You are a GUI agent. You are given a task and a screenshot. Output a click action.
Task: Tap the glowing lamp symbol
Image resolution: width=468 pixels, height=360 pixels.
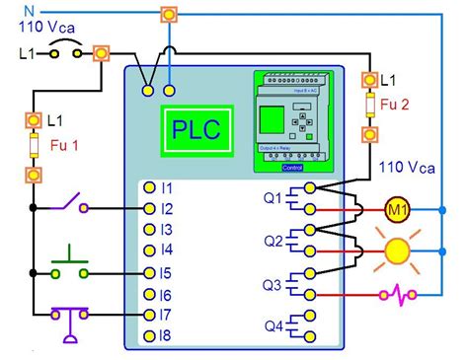click(x=397, y=251)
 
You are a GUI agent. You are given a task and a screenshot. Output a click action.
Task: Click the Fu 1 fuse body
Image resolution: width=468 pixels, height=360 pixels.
click(x=33, y=148)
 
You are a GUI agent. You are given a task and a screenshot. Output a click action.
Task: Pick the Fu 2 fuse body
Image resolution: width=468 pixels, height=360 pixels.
click(x=369, y=105)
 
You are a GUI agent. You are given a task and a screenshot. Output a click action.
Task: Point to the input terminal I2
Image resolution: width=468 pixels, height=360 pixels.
click(x=148, y=208)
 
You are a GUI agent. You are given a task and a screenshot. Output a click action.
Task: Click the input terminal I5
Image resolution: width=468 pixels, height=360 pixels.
click(x=148, y=272)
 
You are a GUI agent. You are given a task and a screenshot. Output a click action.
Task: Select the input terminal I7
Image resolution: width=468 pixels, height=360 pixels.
click(x=148, y=316)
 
